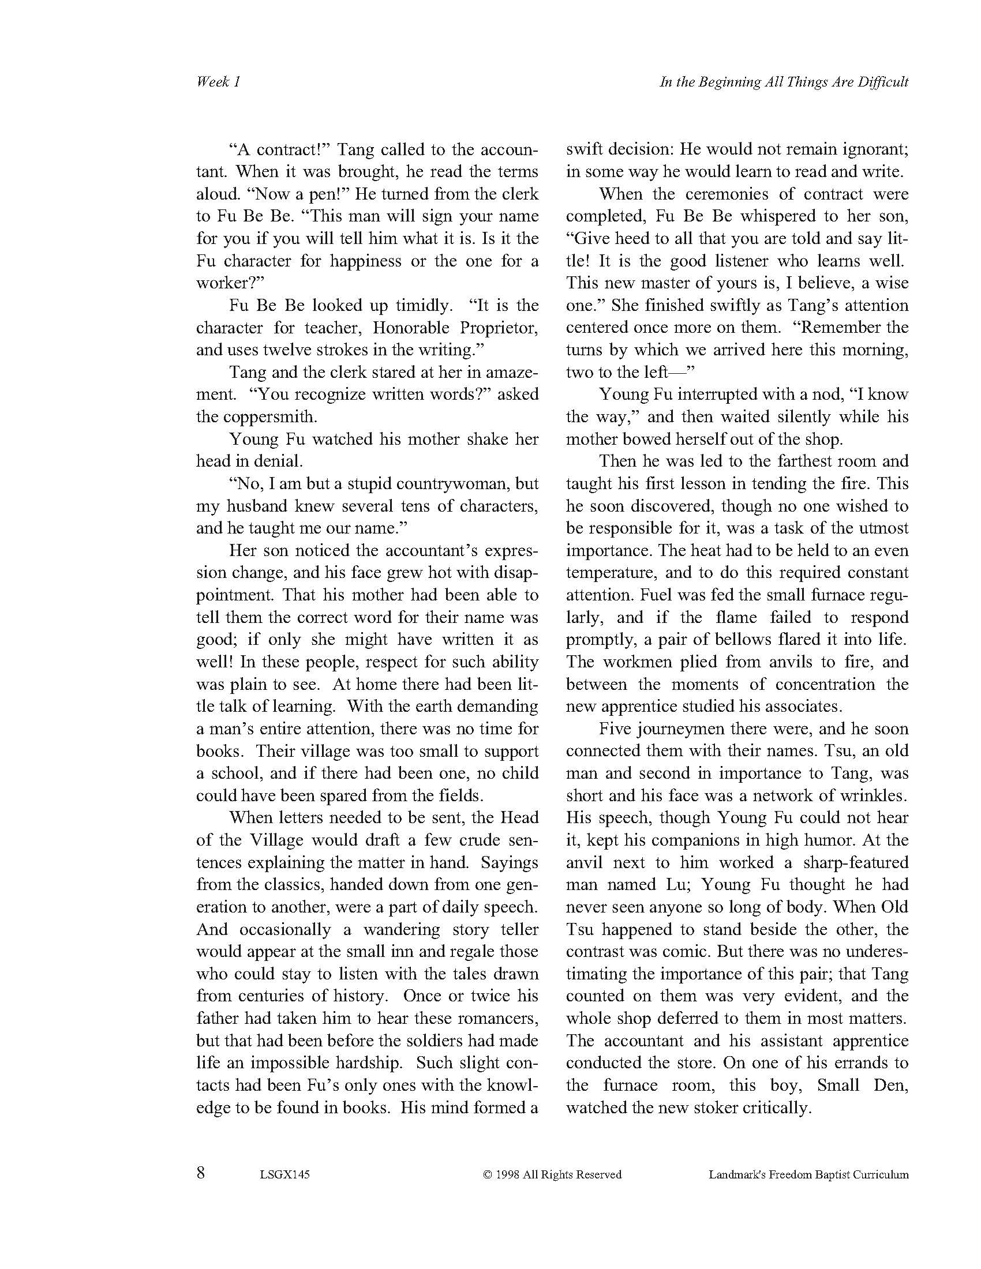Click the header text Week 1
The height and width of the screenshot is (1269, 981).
tap(218, 82)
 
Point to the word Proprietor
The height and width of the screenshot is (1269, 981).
tap(499, 328)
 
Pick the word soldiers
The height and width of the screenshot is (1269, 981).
tap(433, 1041)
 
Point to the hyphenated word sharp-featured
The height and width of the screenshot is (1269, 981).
tap(846, 862)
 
